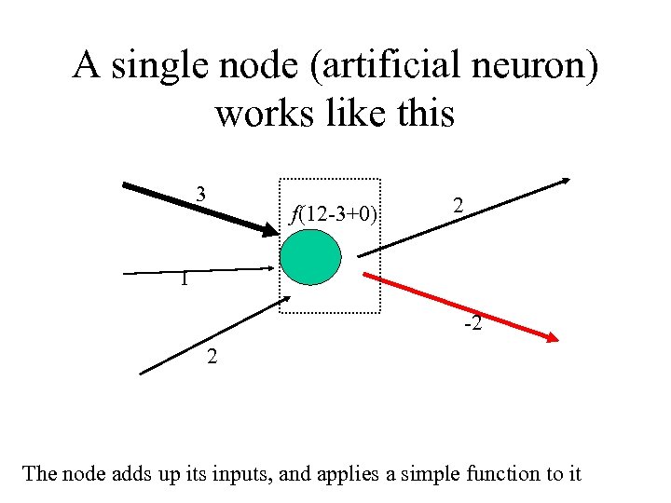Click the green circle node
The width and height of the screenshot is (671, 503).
click(311, 257)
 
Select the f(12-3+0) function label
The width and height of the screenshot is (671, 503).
click(334, 215)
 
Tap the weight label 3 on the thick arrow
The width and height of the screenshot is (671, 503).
click(200, 195)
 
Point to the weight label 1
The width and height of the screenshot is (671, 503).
click(186, 279)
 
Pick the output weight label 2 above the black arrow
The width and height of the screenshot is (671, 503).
click(458, 206)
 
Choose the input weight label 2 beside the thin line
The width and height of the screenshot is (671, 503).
click(213, 356)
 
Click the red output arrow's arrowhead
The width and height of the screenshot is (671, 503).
click(551, 339)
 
